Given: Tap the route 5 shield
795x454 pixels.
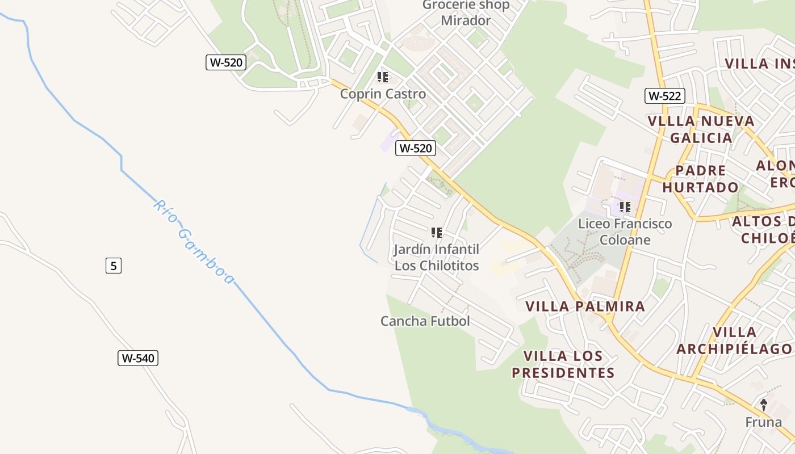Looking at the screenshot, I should [x=114, y=265].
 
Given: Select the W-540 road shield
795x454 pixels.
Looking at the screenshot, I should [x=138, y=358].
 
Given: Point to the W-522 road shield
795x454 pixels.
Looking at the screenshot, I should [x=664, y=95].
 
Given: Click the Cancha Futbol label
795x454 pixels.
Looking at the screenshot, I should [x=425, y=321].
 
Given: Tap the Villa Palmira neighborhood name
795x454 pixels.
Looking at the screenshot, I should [x=585, y=306].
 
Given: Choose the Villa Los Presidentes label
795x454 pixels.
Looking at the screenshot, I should [x=563, y=364].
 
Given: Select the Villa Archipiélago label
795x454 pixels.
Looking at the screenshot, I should [x=734, y=340].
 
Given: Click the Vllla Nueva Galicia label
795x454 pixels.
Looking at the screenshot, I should [x=701, y=129].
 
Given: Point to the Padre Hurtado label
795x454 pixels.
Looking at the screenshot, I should [x=701, y=179].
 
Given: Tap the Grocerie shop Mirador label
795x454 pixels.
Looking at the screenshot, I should [x=466, y=13].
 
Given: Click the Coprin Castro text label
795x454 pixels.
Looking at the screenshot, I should [x=383, y=94].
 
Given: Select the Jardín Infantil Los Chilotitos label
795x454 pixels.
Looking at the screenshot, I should [x=437, y=257].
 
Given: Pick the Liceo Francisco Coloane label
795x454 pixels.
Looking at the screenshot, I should [x=625, y=232].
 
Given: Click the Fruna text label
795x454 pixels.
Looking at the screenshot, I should [x=763, y=422].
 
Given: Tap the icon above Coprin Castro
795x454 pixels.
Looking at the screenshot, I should [x=383, y=77].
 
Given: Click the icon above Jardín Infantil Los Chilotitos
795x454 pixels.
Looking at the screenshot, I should [x=436, y=232].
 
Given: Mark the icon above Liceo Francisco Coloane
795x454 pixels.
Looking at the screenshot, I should [x=625, y=207].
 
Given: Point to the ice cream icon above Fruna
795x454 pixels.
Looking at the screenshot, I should [x=764, y=405].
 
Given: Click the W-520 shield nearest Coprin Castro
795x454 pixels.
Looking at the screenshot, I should [x=416, y=148].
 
